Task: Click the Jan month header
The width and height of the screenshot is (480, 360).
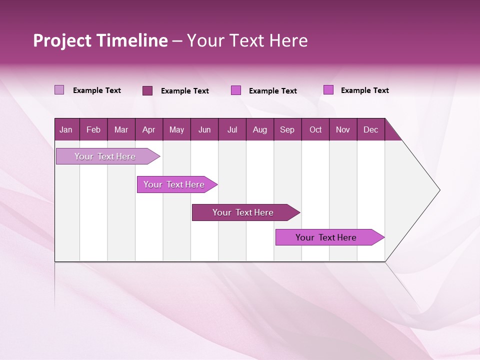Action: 66,129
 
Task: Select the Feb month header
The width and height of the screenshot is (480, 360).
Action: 93,129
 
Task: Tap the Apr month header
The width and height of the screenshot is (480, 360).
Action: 148,129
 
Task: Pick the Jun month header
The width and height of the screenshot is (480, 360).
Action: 204,129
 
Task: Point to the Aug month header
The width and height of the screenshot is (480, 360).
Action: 260,129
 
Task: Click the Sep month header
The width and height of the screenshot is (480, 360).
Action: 287,129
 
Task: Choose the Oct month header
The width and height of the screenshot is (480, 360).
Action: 315,129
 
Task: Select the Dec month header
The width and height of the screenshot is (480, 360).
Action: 371,129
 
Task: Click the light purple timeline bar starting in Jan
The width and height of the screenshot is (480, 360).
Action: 105,156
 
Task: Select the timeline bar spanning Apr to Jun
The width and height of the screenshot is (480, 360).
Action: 174,184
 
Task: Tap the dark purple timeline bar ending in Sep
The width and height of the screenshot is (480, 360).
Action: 243,212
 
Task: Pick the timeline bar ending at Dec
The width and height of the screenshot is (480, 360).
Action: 326,237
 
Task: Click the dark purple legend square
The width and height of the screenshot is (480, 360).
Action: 147,90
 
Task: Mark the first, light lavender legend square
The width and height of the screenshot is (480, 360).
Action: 59,90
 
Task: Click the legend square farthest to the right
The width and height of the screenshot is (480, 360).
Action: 328,90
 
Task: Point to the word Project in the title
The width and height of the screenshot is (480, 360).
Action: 62,40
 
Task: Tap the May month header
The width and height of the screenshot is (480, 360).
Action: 176,129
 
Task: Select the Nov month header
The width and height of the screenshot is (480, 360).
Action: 343,129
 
